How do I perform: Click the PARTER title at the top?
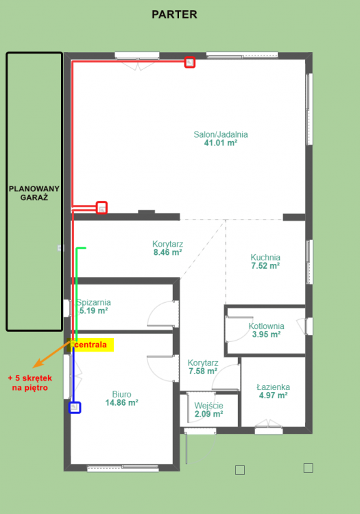[x=174, y=14]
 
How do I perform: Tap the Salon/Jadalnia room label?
[x=221, y=134]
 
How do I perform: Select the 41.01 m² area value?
[x=221, y=143]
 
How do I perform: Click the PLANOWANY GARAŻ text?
[x=34, y=193]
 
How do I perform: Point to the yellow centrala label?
[x=91, y=345]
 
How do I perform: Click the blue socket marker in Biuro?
[x=75, y=408]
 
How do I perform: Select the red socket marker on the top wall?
[x=190, y=62]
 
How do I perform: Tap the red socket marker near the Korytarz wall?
[x=102, y=208]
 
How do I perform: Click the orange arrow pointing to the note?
[x=52, y=354]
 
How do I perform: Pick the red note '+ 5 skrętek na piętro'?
[x=30, y=383]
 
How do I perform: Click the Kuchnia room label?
[x=265, y=262]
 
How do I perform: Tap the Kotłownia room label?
[x=266, y=330]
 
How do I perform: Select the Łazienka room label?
[x=273, y=391]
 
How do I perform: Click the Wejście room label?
[x=209, y=410]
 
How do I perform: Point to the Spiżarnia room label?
[x=93, y=306]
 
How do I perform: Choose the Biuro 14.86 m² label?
[x=121, y=398]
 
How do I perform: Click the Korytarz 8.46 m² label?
[x=167, y=248]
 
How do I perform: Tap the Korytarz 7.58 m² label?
[x=203, y=367]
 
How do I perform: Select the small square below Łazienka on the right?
[x=308, y=468]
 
